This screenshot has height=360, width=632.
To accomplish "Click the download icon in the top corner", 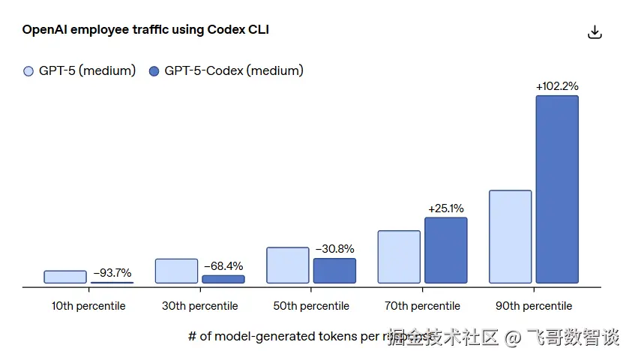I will point(595,32).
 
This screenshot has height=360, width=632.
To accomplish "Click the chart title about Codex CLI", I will point(145,30).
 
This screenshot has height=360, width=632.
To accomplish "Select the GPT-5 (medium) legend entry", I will point(79,71).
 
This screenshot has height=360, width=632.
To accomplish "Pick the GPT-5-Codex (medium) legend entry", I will point(226,71).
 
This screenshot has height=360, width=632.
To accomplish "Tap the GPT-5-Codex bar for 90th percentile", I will point(557,189).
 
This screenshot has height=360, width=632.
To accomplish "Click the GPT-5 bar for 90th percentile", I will point(510,236).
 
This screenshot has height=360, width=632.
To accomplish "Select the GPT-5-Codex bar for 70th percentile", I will point(446,250).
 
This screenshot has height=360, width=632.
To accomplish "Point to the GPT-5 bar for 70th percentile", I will point(399,256).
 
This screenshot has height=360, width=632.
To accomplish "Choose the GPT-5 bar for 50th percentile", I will point(288,265).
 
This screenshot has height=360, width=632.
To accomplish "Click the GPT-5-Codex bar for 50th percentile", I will point(334,271).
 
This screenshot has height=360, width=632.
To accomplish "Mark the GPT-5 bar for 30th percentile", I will point(176,271).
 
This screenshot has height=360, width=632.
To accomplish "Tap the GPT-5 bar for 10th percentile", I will point(65,277).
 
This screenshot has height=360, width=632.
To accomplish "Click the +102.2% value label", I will point(557,86).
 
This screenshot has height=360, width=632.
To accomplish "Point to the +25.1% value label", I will point(446,208).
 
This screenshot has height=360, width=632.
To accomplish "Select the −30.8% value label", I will point(334,249).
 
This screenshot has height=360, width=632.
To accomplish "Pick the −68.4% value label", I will point(223,266).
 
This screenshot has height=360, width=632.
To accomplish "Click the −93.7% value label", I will point(112,273).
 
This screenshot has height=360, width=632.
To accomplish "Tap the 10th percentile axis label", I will point(88,306).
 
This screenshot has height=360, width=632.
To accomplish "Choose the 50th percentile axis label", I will point(311,306).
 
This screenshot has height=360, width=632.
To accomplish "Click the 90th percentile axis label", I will point(534,306).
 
